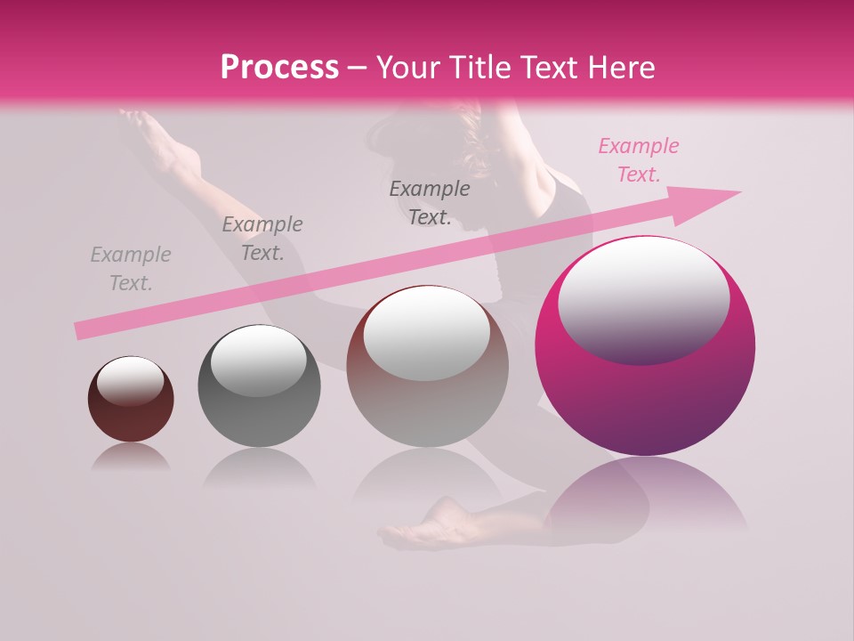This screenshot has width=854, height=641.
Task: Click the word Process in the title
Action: tap(279, 68)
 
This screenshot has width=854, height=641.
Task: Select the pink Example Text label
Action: tap(638, 160)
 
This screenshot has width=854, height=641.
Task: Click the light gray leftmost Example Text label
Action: tap(131, 269)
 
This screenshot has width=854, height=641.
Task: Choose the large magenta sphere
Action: tap(645, 392)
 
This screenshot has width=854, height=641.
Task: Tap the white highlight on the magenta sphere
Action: tap(643, 294)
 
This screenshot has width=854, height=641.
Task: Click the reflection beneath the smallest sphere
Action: tap(131, 458)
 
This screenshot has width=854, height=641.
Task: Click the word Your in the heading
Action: tap(405, 68)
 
